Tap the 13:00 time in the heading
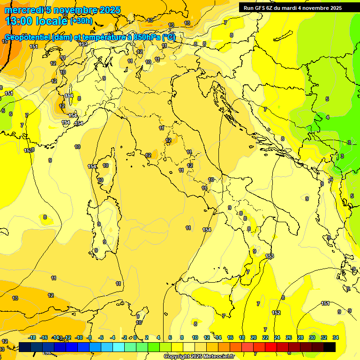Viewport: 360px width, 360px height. click(x=19, y=21)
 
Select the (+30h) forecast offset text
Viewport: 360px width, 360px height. click(x=81, y=21)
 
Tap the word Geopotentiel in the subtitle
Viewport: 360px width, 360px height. click(x=27, y=37)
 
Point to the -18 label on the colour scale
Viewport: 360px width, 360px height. click(x=32, y=337)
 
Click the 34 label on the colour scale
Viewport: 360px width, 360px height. click(x=336, y=337)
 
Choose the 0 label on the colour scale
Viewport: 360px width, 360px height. click(x=135, y=337)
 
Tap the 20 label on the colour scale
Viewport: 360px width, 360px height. click(x=254, y=337)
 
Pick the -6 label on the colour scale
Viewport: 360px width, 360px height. click(x=101, y=337)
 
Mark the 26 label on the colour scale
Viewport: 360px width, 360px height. click(x=289, y=337)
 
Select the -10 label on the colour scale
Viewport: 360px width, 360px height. click(x=79, y=337)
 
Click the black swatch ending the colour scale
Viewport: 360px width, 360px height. click(x=330, y=347)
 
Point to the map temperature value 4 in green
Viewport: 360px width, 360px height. click(x=328, y=117)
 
